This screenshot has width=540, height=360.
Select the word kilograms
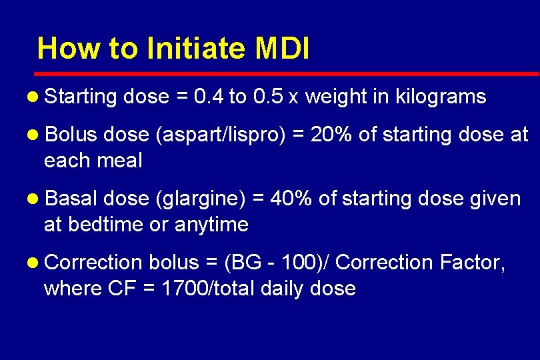(x=440, y=97)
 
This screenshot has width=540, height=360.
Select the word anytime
(x=211, y=225)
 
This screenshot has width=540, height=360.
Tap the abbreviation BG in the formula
(x=244, y=263)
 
